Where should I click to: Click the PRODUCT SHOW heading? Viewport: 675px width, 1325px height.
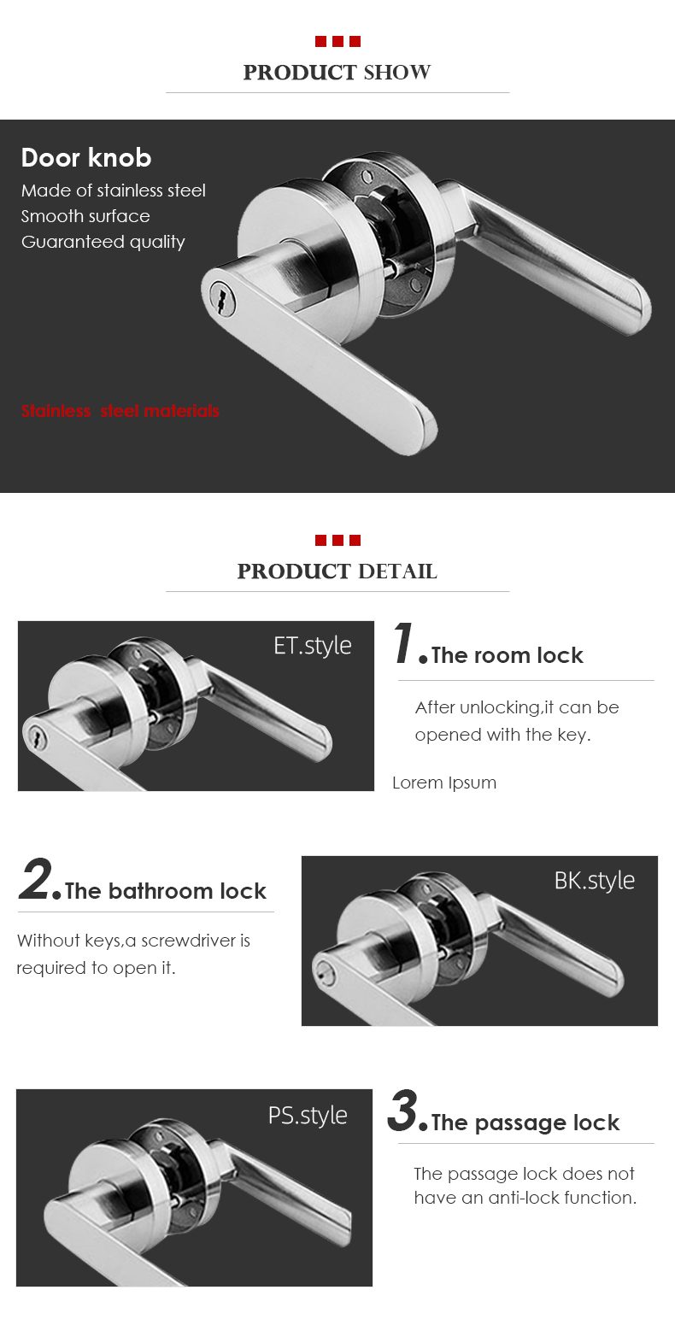click(x=337, y=73)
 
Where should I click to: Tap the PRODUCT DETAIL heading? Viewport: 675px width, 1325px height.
click(x=337, y=572)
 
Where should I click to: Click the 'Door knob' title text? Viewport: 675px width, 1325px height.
click(x=86, y=158)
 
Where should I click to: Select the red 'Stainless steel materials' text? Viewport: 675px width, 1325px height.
click(x=120, y=411)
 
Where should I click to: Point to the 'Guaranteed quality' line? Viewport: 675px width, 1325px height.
click(x=103, y=242)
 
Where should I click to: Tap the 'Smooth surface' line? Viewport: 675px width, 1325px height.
click(x=85, y=216)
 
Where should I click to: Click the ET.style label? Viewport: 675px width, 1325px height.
click(x=312, y=645)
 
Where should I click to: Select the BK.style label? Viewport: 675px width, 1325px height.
click(x=594, y=880)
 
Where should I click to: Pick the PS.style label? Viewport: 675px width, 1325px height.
click(x=308, y=1115)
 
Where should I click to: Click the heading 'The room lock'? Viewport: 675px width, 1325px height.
click(x=508, y=656)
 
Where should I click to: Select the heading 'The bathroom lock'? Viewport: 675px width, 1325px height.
click(x=166, y=892)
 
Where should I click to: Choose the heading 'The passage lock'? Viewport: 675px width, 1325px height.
click(x=525, y=1123)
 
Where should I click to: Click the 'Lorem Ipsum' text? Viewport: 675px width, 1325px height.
click(x=444, y=783)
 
